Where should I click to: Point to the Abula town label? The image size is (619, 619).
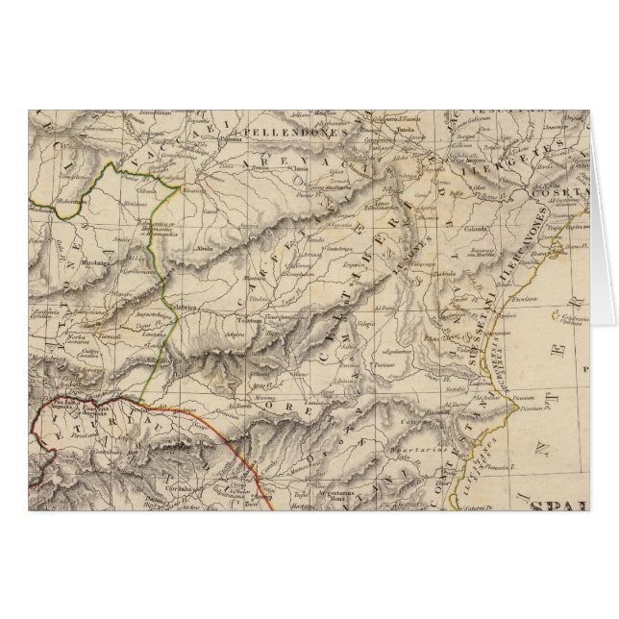[204, 245]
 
